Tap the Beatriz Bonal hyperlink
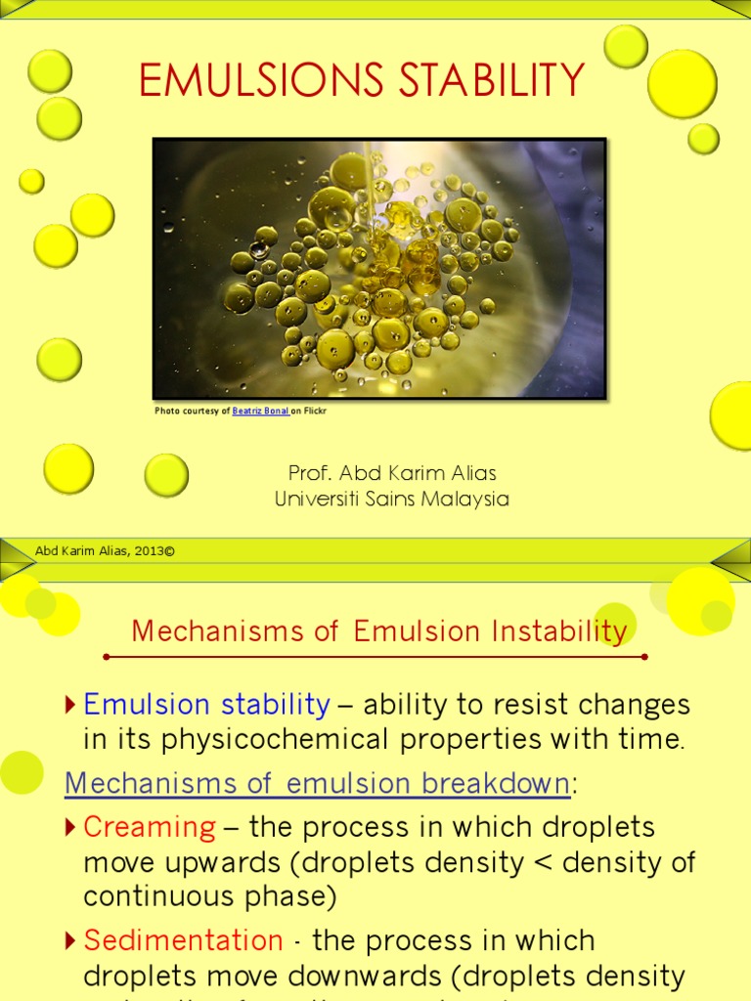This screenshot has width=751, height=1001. point(260,411)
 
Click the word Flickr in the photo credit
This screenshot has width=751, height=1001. point(315,411)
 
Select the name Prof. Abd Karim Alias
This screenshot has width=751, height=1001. point(392,473)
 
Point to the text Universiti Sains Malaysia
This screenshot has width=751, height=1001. point(392,499)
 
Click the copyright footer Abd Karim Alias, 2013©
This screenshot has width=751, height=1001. point(105,551)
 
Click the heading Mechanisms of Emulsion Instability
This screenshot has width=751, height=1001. point(379,631)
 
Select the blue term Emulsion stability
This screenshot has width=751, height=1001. point(206,704)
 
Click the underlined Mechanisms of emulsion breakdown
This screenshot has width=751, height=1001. point(318,783)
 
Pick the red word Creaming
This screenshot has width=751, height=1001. point(149,827)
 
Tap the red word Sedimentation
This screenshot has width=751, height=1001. point(183,940)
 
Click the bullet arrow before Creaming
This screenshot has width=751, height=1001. point(69,827)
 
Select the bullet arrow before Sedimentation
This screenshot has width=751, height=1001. point(69,940)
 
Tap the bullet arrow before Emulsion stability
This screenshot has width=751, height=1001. point(69,704)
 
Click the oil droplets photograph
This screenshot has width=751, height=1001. point(379,269)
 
